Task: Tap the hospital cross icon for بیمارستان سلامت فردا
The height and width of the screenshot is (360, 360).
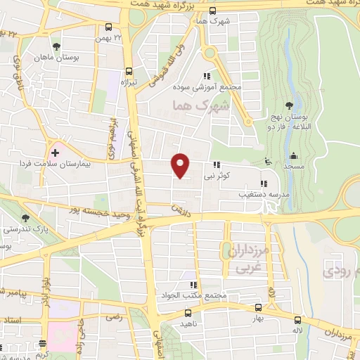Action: pos(55,152)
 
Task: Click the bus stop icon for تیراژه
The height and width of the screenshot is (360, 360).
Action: pos(128,70)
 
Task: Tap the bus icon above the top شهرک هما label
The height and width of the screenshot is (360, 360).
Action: pos(212,11)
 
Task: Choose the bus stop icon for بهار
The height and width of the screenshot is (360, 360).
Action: pos(257,307)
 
